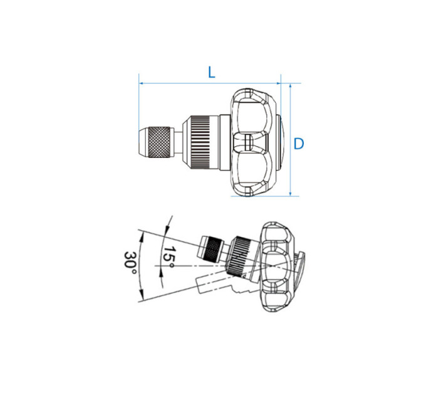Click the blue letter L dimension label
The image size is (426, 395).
(211, 73)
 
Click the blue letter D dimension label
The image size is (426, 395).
(299, 144)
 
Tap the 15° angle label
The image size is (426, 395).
(169, 256)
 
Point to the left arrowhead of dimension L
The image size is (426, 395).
(142, 83)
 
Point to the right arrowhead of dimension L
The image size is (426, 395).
(278, 83)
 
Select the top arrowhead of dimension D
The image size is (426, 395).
(291, 87)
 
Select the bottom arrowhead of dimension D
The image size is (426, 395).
(291, 193)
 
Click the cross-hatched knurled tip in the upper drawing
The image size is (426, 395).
(159, 142)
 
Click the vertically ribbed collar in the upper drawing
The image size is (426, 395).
(200, 142)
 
